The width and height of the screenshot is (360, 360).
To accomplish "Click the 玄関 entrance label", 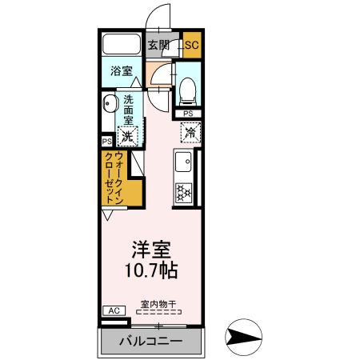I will tap(158, 46).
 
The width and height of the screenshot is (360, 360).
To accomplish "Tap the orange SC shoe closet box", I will tap(191, 46).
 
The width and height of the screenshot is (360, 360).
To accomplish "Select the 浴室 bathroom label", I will tap(122, 70).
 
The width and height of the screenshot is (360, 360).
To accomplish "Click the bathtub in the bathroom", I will tap(122, 45).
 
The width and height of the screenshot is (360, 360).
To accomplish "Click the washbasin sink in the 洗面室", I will tap(109, 102).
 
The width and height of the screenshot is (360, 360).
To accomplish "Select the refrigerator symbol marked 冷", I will tap(189, 129).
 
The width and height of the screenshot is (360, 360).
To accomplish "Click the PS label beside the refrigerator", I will tap(188, 114).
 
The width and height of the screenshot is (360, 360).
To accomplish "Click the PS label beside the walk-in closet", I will tap(106, 142).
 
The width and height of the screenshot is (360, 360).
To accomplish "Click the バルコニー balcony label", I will tap(152, 342).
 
